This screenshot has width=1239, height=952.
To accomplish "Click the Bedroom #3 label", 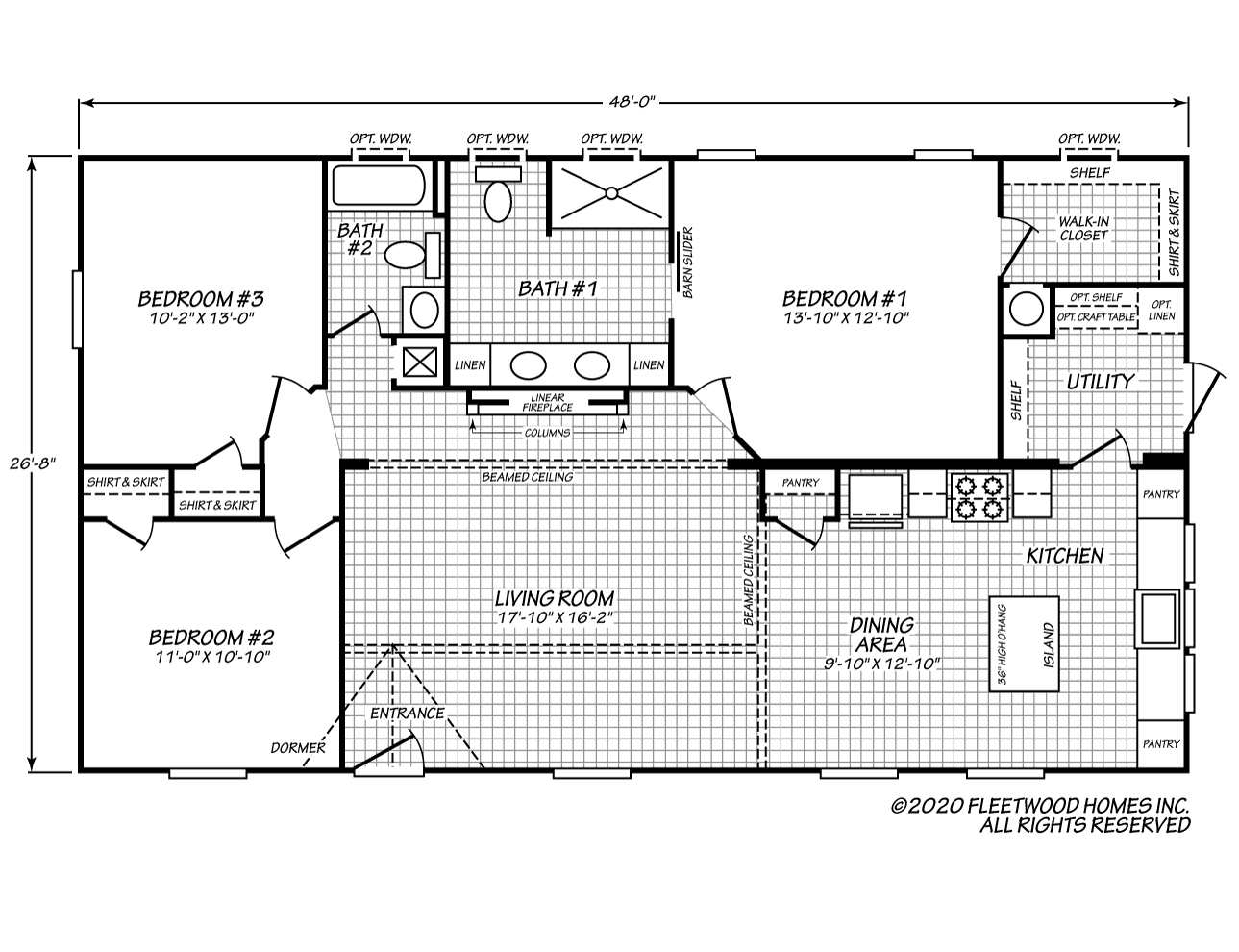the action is tap(201, 299).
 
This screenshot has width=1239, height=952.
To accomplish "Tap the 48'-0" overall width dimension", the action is tap(632, 102).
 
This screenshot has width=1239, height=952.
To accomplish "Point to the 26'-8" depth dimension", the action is tap(33, 463).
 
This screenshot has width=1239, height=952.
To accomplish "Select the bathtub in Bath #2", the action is tap(378, 185).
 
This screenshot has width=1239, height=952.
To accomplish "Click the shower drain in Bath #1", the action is tap(611, 193).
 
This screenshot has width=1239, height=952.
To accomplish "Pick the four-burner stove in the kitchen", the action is tap(979, 496).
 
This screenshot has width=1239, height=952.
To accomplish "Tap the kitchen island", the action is tap(1024, 644).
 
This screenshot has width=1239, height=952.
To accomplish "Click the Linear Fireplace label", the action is tap(547, 402).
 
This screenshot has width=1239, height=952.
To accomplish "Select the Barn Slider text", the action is tap(687, 263).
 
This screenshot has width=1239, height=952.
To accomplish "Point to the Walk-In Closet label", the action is tap(1083, 228).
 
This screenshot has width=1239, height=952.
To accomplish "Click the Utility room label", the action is tap(1100, 382).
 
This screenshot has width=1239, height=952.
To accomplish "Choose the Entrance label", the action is tap(408, 713).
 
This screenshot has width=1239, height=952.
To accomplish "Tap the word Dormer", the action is tap(298, 748).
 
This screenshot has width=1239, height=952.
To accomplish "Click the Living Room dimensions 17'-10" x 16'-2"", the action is tap(555, 617).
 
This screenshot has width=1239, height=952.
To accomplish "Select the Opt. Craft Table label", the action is tap(1096, 317).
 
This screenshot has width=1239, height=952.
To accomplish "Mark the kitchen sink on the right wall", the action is tap(1157, 619).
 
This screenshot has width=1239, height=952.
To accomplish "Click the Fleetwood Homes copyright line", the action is tap(1039, 806).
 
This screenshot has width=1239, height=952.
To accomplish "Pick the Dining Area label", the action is tap(881, 635).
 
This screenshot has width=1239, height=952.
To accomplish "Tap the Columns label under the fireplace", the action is tap(547, 433).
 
